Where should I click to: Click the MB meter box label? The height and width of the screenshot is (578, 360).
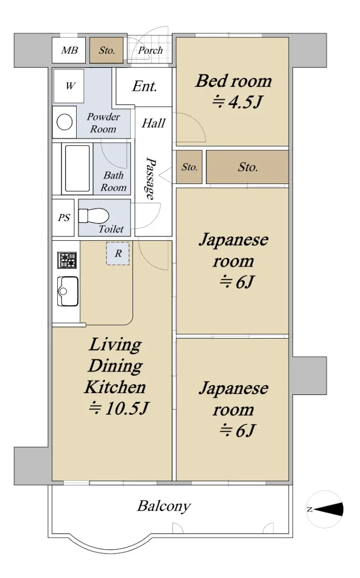(x=69, y=50)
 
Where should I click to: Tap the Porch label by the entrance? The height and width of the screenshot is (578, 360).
(x=150, y=50)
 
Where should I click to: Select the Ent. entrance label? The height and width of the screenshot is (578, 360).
(x=145, y=86)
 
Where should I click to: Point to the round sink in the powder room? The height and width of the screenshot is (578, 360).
(x=64, y=122)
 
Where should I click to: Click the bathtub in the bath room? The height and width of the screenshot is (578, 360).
(x=77, y=169)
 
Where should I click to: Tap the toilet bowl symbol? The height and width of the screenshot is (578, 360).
(x=93, y=215)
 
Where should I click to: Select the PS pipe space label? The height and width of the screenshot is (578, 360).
(x=64, y=218)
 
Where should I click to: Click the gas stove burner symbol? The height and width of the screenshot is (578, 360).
(x=67, y=260)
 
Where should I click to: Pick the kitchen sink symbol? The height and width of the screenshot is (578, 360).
(x=67, y=291)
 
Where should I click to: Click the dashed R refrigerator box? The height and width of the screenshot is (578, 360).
(x=118, y=253)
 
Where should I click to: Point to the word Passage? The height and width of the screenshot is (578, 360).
(x=150, y=178)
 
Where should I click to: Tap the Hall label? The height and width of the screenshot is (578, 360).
(x=153, y=123)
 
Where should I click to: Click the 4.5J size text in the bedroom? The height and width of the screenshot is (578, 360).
(x=238, y=102)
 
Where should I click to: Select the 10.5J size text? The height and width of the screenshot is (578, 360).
(x=119, y=408)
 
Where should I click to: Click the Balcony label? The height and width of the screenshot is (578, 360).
(x=164, y=506)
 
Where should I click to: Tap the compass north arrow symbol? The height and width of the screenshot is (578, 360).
(x=329, y=509)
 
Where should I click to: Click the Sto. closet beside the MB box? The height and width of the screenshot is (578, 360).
(x=107, y=50)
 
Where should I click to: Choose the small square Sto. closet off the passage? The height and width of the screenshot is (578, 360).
(x=189, y=167)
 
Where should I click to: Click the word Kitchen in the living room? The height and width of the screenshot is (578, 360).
(x=115, y=387)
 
